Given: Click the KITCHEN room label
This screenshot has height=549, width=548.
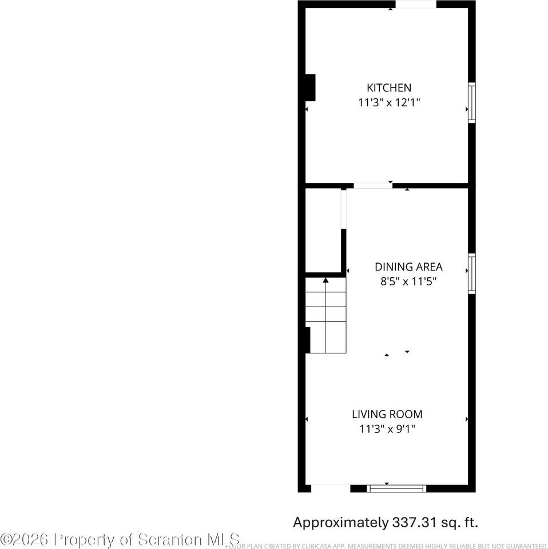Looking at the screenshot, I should click(388, 88).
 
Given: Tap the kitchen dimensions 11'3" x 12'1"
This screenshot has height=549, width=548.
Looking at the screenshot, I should click(388, 103).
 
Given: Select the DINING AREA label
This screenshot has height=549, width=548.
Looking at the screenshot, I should click(408, 267).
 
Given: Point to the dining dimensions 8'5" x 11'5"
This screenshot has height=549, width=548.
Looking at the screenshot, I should click(408, 281).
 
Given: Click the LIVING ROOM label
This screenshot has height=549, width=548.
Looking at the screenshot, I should click(387, 415).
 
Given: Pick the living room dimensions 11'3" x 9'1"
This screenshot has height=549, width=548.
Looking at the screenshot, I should click(387, 429).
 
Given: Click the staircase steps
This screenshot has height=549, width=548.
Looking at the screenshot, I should click(325, 323).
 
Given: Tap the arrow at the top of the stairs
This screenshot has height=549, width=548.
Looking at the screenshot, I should click(325, 280).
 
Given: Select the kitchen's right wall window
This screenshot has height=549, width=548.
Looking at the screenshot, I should click(471, 102).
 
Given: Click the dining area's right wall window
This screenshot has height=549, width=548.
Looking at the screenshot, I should click(471, 273).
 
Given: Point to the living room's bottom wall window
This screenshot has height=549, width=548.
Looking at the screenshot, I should click(396, 488).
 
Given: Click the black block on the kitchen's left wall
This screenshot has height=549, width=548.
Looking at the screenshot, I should click(310, 87).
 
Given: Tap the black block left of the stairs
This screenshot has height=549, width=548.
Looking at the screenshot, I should click(308, 340).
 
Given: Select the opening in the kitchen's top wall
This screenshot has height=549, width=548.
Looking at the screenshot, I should click(416, 5).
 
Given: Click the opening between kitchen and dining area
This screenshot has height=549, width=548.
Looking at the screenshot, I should click(372, 185).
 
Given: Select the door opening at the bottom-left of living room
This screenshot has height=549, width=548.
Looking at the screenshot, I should click(331, 488).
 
